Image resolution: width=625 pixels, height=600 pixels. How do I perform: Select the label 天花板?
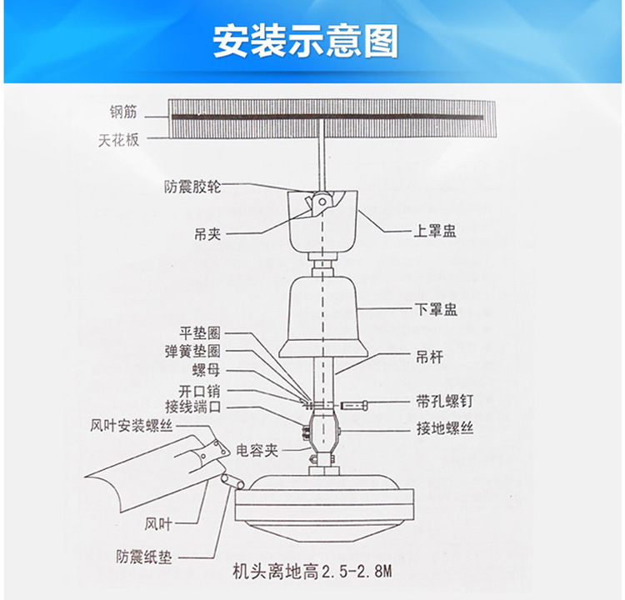coord(118,141)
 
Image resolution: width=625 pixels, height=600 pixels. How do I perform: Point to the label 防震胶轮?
coord(192,187)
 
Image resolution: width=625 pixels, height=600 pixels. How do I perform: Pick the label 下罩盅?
coord(436,309)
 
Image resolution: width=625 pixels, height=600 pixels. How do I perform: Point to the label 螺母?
coord(207,370)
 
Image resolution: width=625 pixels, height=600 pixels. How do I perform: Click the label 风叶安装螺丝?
coord(132,426)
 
